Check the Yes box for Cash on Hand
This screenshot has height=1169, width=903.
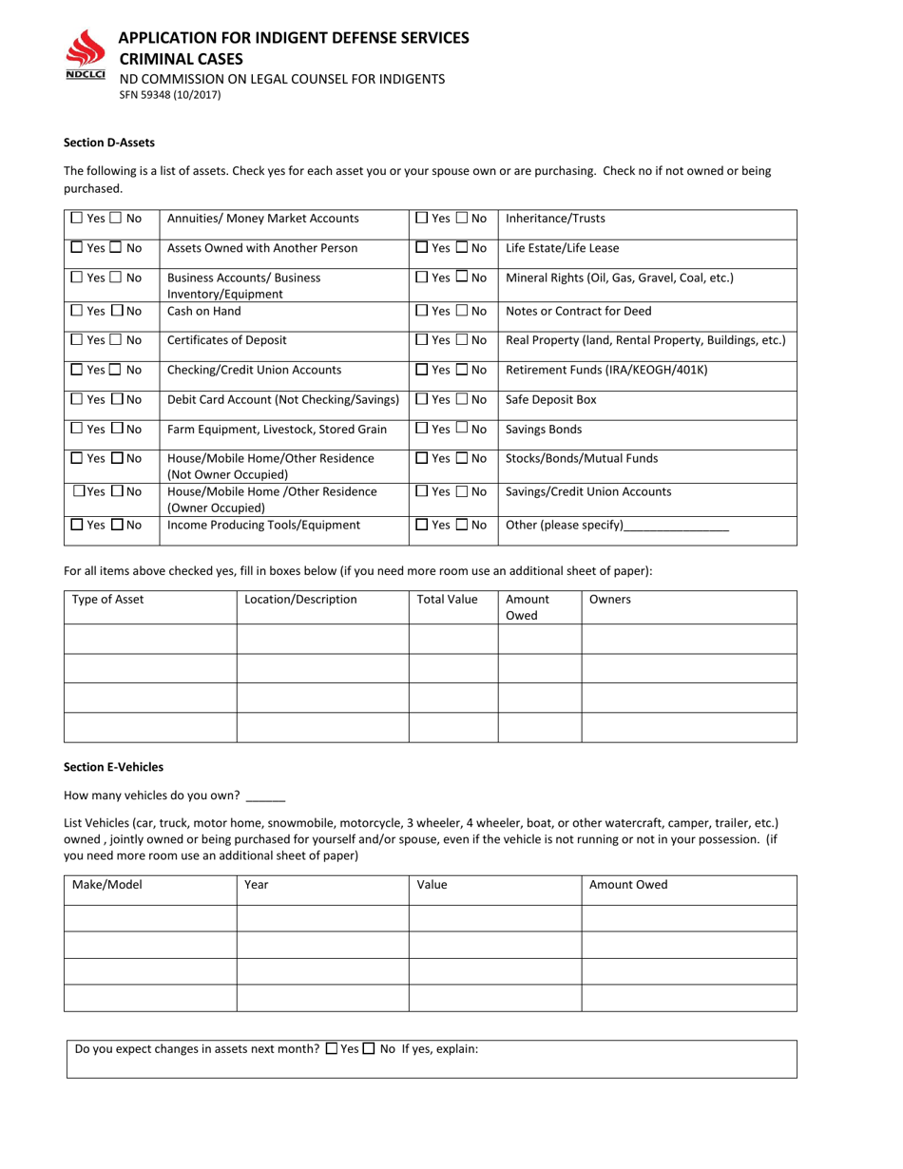click(78, 311)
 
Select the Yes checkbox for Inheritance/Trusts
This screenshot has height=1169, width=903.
click(423, 219)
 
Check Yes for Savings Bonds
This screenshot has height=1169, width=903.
click(423, 430)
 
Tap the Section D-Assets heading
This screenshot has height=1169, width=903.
click(108, 143)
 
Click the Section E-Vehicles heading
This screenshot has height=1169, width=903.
click(113, 766)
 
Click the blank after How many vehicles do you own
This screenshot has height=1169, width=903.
click(264, 797)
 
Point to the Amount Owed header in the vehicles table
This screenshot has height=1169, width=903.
click(628, 885)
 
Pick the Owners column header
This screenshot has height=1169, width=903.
click(610, 600)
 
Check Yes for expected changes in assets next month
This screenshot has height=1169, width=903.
click(331, 1049)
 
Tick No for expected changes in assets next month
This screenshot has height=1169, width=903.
click(369, 1049)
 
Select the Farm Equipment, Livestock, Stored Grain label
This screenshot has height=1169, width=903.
click(277, 430)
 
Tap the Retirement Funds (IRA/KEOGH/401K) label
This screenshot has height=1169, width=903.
click(606, 370)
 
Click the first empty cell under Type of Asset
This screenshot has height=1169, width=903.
click(149, 639)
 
